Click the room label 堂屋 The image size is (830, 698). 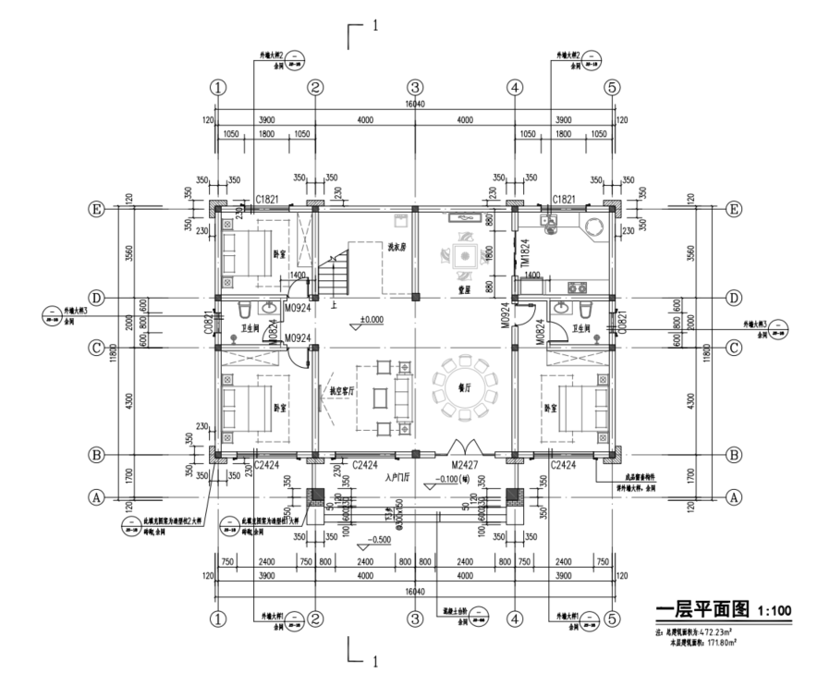click(x=465, y=288)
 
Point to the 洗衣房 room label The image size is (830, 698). click(x=397, y=246)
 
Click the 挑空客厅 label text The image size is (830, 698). click(x=344, y=391)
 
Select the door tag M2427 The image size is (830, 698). click(x=465, y=466)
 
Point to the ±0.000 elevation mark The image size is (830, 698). click(x=372, y=320)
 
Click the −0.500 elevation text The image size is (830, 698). click(x=377, y=539)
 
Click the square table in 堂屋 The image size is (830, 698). click(x=464, y=253)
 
